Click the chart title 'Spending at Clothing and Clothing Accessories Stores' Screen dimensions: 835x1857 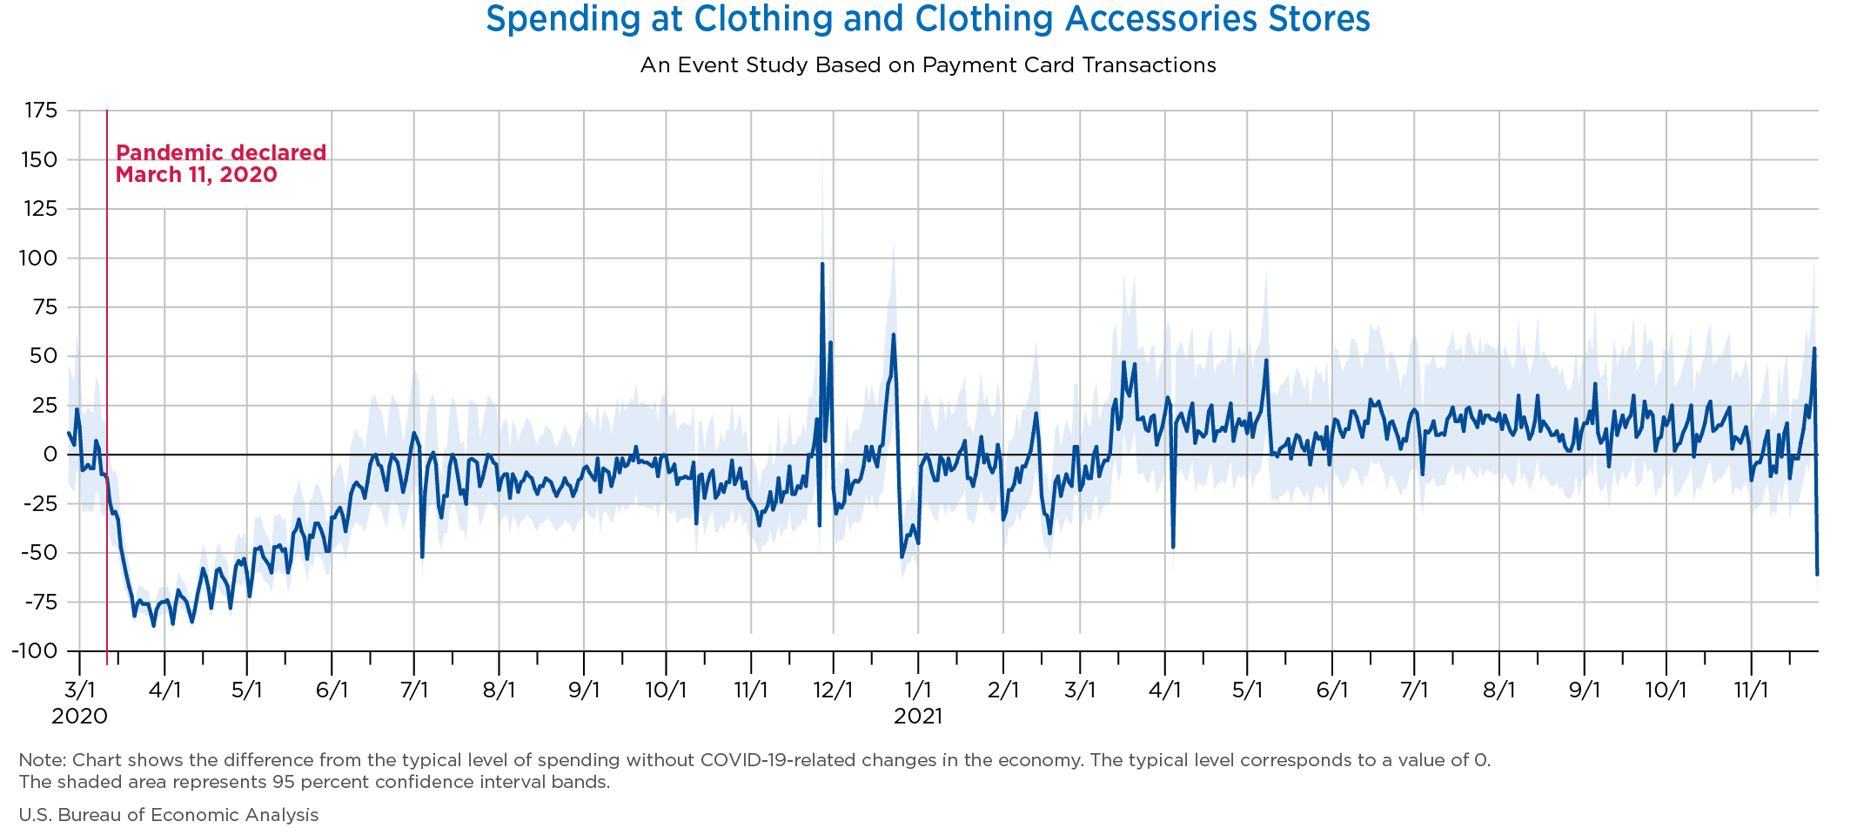tap(928, 19)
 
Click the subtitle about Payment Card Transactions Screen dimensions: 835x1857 tap(928, 65)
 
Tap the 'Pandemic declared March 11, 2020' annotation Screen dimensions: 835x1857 tap(220, 164)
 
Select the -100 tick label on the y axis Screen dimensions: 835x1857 tap(36, 651)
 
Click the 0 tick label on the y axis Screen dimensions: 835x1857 tap(50, 455)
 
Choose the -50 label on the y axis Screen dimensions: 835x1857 tap(40, 553)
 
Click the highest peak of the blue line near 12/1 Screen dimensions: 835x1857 tap(822, 264)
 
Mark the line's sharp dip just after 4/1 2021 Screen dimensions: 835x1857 tap(1173, 547)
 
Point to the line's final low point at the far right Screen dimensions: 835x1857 tap(1817, 574)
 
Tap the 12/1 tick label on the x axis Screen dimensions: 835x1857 tap(833, 690)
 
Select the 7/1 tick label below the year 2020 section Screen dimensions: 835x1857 tap(413, 690)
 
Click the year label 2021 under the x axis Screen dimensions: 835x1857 tap(918, 717)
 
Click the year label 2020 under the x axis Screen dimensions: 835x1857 tap(79, 717)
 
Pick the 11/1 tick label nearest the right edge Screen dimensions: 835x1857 tap(1751, 690)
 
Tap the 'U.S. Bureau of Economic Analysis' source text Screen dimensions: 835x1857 tap(169, 815)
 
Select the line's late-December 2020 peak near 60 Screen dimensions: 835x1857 tap(893, 335)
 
